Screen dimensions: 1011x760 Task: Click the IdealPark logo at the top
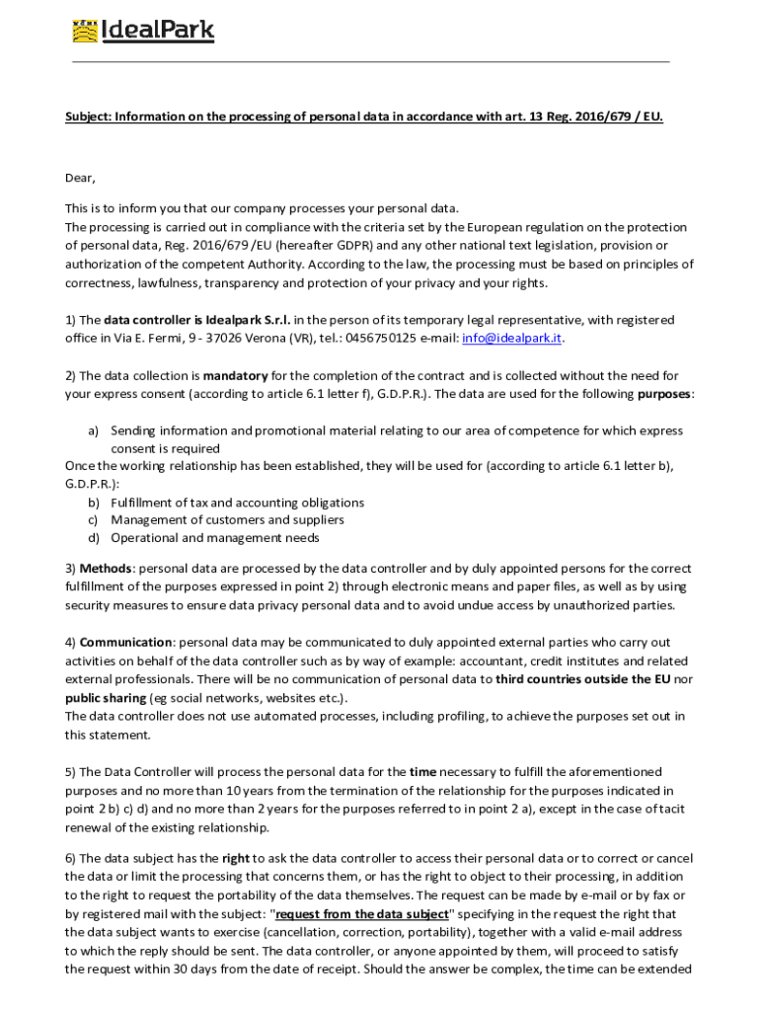(143, 31)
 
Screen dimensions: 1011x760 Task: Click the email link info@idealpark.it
(512, 338)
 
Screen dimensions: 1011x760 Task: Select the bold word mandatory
(236, 375)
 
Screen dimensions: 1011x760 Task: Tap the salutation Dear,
(80, 178)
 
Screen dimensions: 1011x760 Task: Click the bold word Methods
(106, 568)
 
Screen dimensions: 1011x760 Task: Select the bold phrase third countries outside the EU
(575, 679)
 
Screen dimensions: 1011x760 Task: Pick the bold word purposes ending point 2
(663, 394)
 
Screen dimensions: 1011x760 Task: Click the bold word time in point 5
(422, 771)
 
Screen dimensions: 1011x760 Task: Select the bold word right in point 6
(236, 858)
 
